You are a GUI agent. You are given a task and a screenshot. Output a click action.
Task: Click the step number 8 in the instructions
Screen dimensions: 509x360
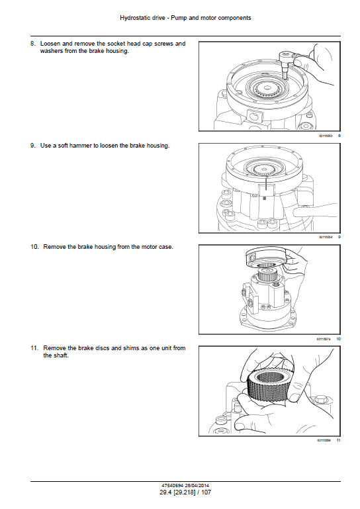click(33, 44)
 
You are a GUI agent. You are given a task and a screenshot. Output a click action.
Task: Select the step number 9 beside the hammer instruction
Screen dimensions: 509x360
click(33, 146)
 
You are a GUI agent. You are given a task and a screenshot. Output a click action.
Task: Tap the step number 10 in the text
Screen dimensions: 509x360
click(34, 247)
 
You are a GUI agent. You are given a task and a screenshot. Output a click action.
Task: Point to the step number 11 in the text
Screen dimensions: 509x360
click(34, 348)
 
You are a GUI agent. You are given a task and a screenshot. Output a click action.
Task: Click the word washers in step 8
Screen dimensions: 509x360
click(52, 51)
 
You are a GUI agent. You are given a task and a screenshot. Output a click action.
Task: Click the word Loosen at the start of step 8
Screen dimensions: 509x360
click(50, 44)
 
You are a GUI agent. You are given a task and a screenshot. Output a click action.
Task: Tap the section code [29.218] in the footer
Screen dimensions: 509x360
click(183, 492)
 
